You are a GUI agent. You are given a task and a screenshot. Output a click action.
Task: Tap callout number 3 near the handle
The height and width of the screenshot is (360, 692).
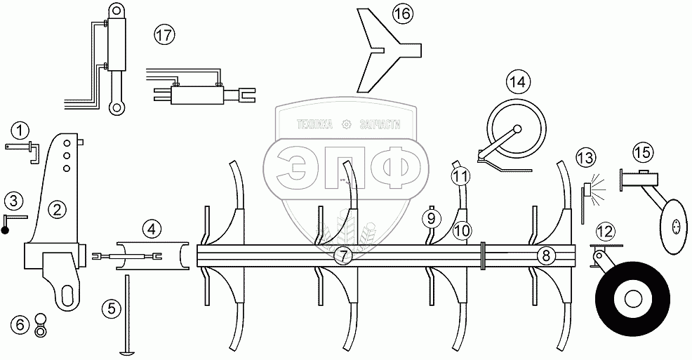[x=13, y=202]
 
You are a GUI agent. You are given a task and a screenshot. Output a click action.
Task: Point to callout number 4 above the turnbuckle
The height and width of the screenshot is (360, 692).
[x=152, y=228]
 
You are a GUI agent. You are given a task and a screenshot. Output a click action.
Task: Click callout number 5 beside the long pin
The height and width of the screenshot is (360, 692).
[x=109, y=307]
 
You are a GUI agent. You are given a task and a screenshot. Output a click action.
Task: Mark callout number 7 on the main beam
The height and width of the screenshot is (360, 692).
[x=342, y=255]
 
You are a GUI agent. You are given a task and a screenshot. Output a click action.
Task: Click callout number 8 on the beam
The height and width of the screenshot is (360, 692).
[x=545, y=255]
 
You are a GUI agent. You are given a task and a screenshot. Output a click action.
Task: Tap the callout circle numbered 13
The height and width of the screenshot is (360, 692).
[x=585, y=159]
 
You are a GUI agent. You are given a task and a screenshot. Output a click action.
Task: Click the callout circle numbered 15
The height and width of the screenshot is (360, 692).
[x=642, y=152]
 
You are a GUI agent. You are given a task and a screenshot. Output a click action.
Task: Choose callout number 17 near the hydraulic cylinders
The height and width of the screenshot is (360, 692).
[x=164, y=36]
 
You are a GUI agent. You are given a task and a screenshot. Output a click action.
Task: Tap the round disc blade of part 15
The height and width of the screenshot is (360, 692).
[x=674, y=226]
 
